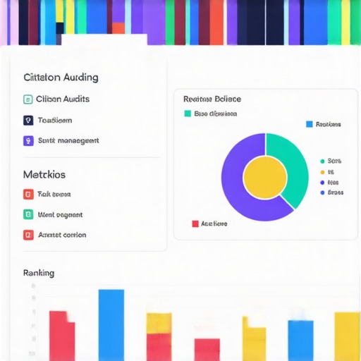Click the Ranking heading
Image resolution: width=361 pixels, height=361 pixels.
39,273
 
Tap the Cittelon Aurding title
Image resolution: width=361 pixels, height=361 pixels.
61,78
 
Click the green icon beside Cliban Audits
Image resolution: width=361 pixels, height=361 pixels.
28,99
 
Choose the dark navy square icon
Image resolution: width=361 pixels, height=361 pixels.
28,120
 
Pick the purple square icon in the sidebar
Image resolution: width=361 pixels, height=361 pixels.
28,140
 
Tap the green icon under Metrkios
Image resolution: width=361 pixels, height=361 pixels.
28,214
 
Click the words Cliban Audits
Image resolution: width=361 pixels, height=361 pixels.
63,99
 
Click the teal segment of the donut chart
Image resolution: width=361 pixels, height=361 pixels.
293,159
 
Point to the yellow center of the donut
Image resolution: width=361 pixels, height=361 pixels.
264,176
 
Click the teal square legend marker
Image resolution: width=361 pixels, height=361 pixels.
188,114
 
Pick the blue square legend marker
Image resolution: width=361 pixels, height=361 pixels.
309,124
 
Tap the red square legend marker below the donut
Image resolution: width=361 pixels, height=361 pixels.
195,224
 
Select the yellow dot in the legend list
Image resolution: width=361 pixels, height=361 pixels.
322,171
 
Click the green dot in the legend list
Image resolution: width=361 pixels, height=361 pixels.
322,161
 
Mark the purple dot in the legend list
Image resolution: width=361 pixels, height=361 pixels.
322,182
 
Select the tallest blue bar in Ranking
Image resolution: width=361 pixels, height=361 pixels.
111,324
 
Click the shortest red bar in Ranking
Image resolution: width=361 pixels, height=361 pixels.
207,349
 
